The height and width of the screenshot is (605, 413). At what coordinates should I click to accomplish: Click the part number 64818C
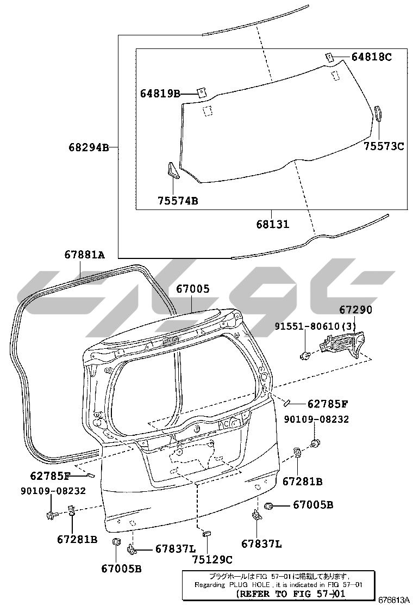click(371, 57)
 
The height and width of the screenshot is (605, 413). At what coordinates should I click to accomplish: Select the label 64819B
click(160, 94)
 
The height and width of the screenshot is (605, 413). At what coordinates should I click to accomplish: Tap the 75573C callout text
click(384, 146)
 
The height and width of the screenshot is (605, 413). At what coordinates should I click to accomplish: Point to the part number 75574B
click(177, 201)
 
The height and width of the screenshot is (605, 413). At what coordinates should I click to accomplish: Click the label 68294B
click(89, 147)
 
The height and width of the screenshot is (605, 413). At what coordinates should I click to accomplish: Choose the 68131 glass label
click(272, 224)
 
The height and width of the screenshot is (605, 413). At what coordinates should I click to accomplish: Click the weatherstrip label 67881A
click(84, 255)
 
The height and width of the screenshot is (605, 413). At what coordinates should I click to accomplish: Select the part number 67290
click(355, 310)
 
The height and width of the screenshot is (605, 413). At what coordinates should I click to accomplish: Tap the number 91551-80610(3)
click(316, 326)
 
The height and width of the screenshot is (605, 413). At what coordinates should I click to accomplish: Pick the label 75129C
click(212, 559)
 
